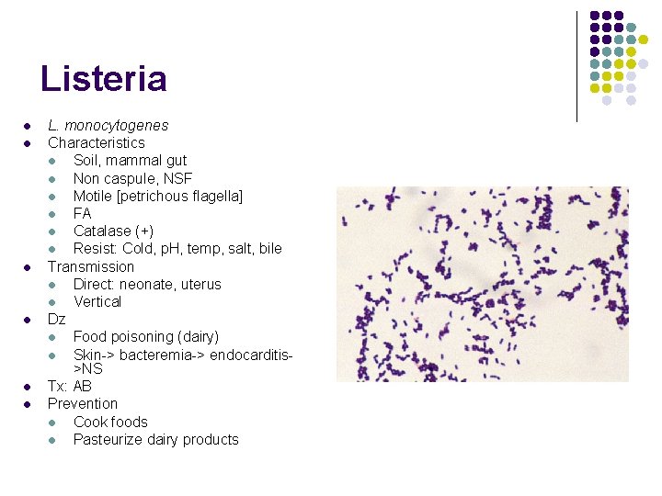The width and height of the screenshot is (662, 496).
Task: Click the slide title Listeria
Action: pos(104,79)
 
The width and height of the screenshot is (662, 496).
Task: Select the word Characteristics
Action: pos(97,142)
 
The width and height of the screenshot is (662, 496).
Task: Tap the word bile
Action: pos(270,248)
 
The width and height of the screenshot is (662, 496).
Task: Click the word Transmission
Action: pos(91,266)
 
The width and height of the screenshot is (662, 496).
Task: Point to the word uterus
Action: pos(200,284)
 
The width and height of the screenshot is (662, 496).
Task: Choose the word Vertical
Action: pos(97,301)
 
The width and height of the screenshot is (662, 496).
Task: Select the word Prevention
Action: pos(83,403)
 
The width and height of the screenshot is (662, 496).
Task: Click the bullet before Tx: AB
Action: pos(29,387)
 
